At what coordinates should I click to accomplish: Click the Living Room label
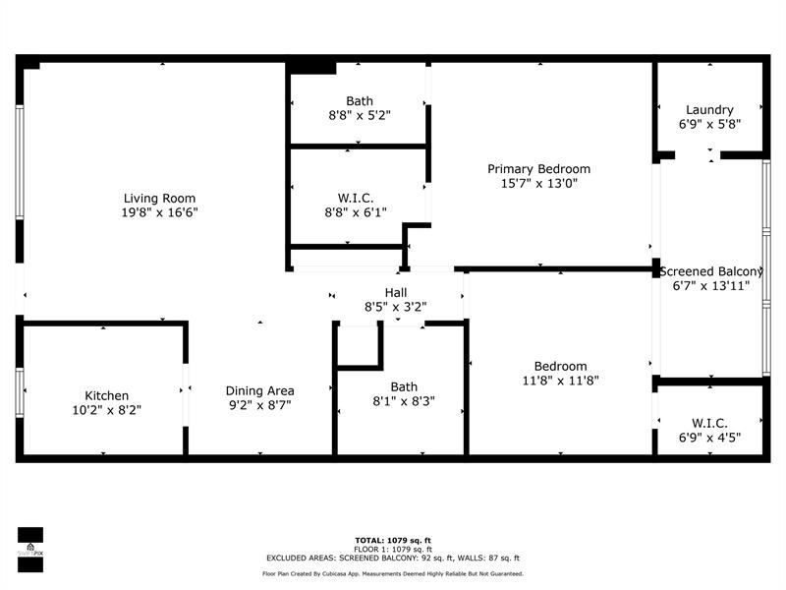click(x=152, y=198)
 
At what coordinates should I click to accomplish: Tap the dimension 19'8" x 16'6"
click(x=152, y=212)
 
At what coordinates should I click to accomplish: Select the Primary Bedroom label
click(x=538, y=169)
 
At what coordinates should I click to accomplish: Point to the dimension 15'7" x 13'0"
click(x=538, y=184)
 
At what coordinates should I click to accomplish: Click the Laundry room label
click(x=709, y=110)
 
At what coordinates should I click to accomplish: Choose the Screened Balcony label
click(x=711, y=271)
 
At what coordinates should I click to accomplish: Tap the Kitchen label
click(x=106, y=396)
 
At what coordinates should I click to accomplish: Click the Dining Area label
click(x=259, y=390)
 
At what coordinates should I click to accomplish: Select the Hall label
click(x=396, y=292)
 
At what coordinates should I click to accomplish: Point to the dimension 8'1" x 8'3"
click(x=404, y=401)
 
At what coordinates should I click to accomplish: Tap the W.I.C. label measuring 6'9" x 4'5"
click(x=709, y=424)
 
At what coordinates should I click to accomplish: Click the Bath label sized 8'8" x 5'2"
click(x=359, y=100)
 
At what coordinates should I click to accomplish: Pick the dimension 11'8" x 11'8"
click(x=560, y=381)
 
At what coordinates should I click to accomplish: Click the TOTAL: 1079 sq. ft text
click(x=392, y=541)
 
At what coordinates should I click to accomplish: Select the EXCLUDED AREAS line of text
click(x=392, y=558)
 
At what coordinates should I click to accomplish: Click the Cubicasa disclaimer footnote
click(x=392, y=573)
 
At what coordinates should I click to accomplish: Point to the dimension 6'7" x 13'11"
click(x=711, y=286)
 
